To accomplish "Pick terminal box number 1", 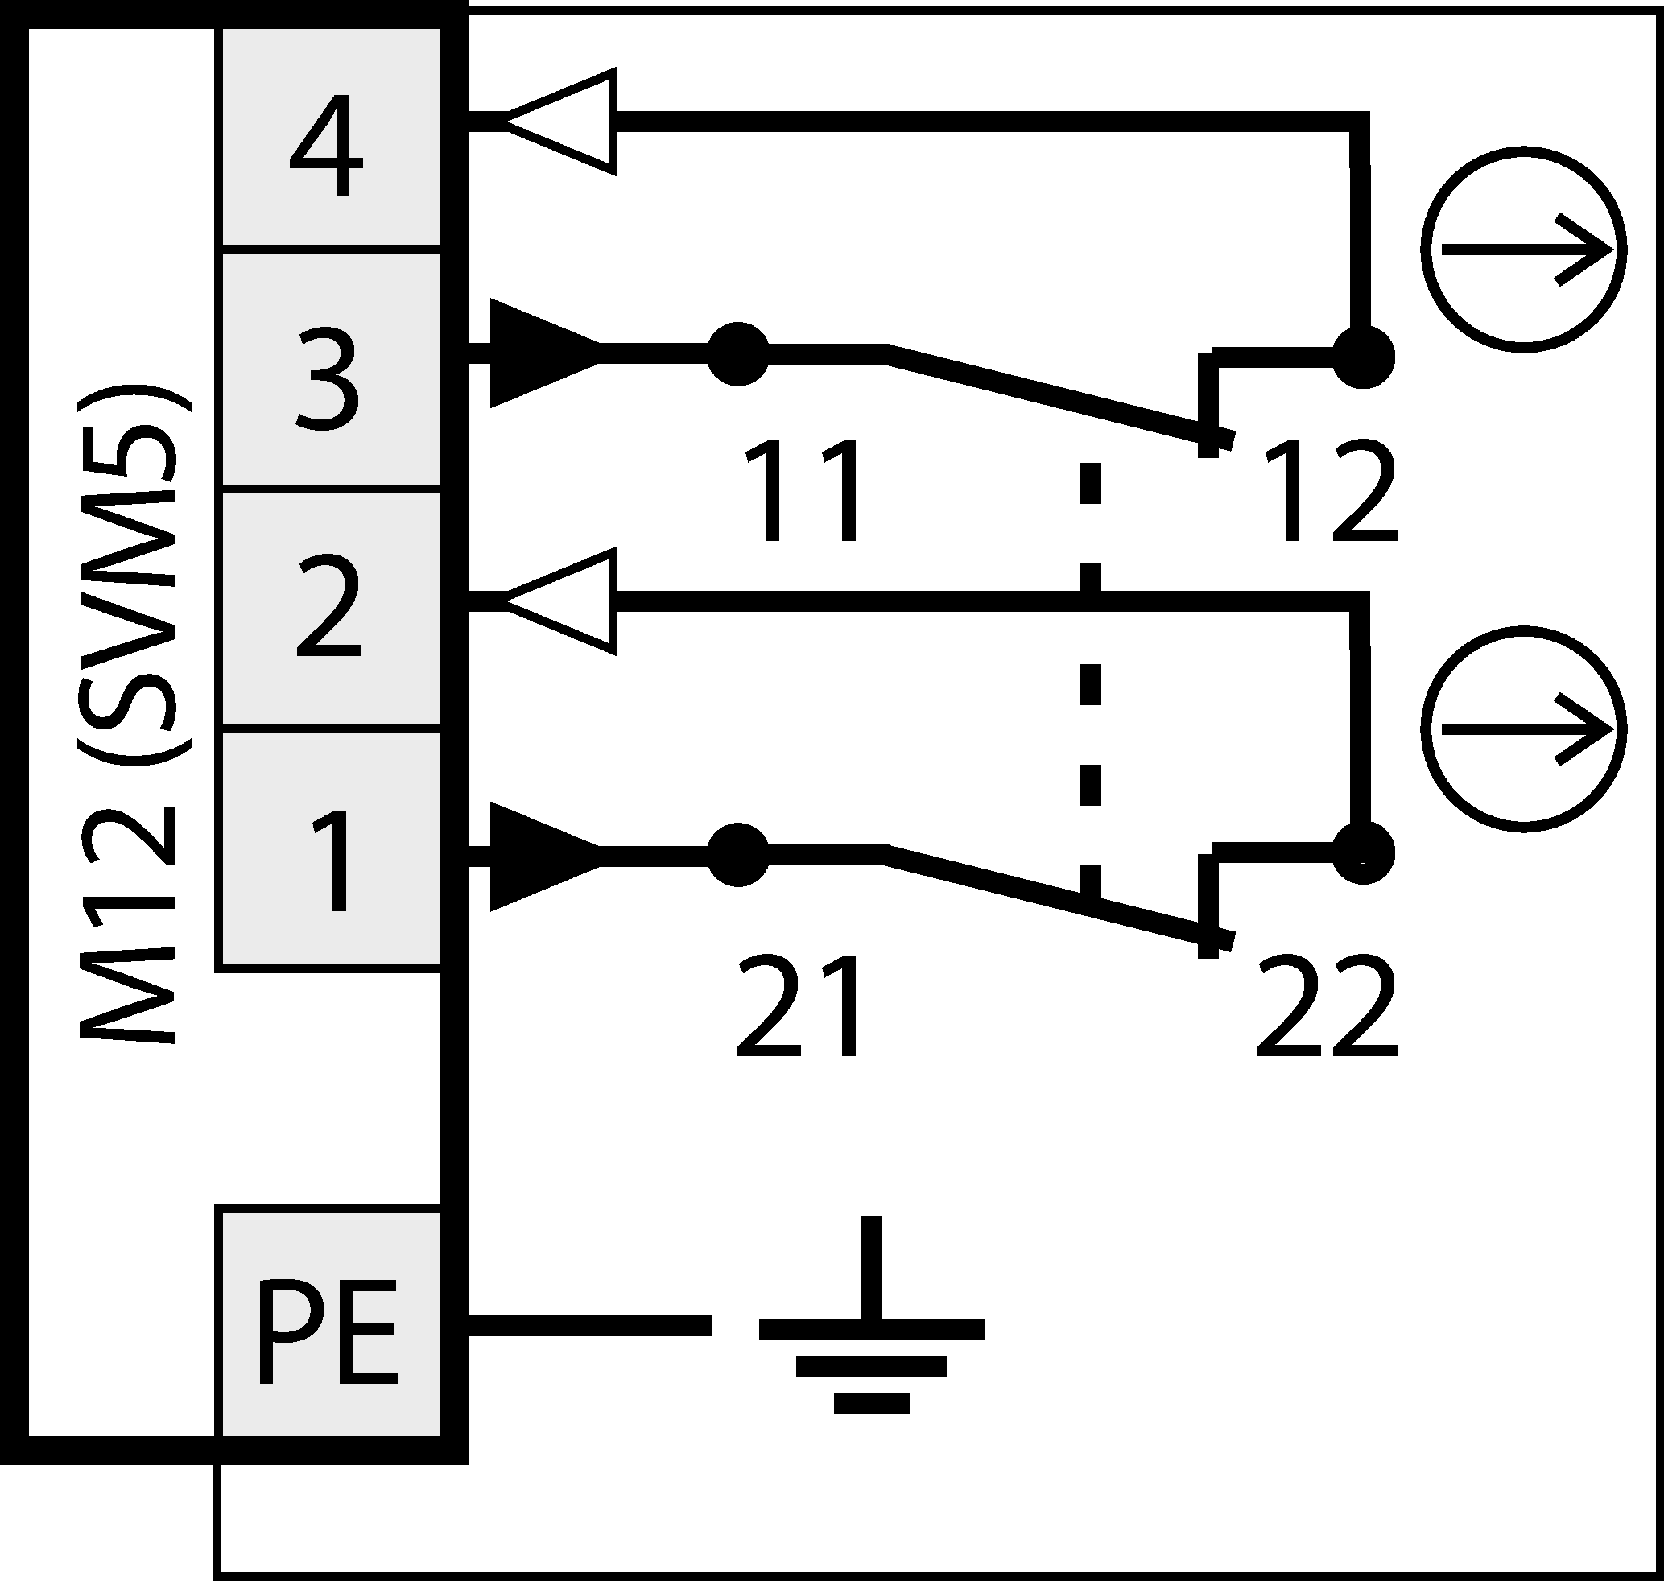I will tap(330, 851).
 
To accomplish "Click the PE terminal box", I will tap(330, 1323).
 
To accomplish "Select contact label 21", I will tap(799, 1007).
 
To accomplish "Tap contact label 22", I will tap(1326, 1007).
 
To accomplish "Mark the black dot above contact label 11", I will tap(737, 354).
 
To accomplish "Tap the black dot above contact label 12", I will tap(1363, 357).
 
